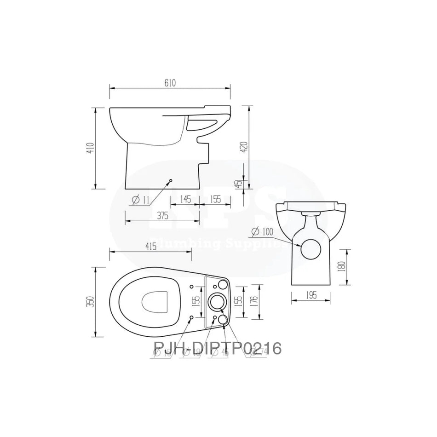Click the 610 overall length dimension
170,82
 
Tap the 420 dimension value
245,146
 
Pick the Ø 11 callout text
141,200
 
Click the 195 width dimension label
311,296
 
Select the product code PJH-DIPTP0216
217,348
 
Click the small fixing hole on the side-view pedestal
171,180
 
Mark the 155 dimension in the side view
215,199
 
